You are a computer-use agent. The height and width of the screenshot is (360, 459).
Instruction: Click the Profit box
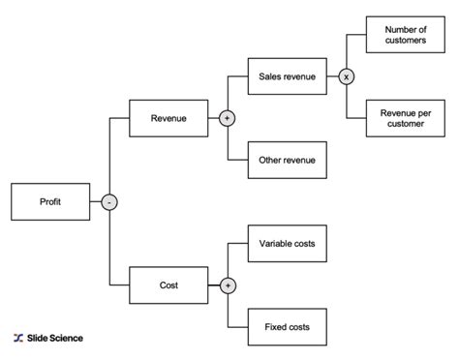[50, 201]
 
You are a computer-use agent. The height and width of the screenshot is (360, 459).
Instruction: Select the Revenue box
[168, 118]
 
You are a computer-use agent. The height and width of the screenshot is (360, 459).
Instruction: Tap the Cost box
[168, 285]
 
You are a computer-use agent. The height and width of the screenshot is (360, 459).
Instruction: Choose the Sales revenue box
[287, 75]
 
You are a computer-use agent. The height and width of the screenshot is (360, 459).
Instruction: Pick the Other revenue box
[287, 160]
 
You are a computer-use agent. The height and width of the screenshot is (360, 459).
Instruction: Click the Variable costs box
[287, 244]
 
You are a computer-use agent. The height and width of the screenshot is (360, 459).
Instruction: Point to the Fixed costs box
[287, 327]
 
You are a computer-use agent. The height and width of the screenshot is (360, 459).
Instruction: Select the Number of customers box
[406, 34]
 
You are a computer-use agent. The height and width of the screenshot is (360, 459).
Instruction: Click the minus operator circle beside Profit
[109, 201]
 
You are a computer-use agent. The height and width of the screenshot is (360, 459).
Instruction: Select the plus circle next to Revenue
[228, 118]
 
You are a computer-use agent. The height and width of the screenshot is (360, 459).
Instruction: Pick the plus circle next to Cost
[228, 285]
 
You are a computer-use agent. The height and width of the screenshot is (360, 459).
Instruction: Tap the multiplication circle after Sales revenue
[346, 75]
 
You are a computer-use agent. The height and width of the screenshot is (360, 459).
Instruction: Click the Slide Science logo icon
[18, 338]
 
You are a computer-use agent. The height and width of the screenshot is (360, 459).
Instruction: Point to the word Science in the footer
[66, 338]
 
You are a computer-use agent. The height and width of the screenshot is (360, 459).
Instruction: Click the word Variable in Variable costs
[274, 244]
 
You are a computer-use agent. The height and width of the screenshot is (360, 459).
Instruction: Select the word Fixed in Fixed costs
[275, 327]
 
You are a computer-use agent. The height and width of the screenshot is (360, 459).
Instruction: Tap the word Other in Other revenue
[269, 160]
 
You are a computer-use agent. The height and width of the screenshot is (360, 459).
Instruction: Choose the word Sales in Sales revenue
[270, 75]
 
